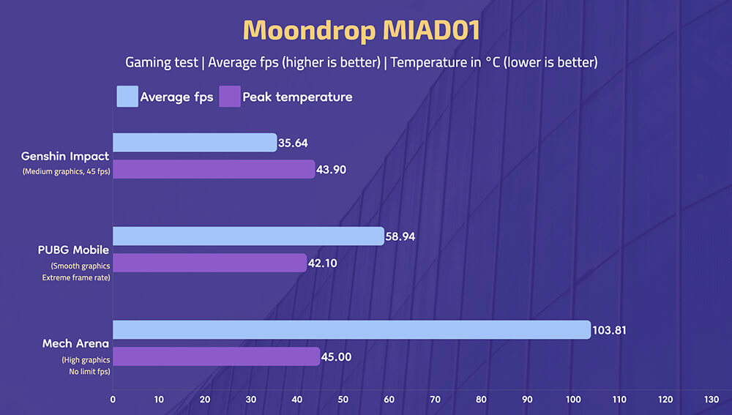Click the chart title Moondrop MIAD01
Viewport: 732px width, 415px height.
[362, 30]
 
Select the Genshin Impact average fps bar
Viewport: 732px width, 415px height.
[195, 143]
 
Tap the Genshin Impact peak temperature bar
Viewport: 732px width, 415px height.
[214, 169]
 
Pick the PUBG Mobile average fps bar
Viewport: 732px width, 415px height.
[248, 236]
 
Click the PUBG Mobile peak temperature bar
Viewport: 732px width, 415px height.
[209, 263]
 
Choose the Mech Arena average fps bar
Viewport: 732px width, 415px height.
[351, 330]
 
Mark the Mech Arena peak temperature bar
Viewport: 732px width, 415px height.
[216, 356]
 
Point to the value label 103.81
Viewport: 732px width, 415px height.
[611, 330]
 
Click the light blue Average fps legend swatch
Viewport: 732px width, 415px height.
[127, 97]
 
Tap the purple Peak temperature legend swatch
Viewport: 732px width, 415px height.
[229, 97]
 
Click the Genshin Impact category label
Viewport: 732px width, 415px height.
[65, 156]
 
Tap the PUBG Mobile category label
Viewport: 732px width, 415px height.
[73, 250]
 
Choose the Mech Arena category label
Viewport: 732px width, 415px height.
[75, 343]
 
